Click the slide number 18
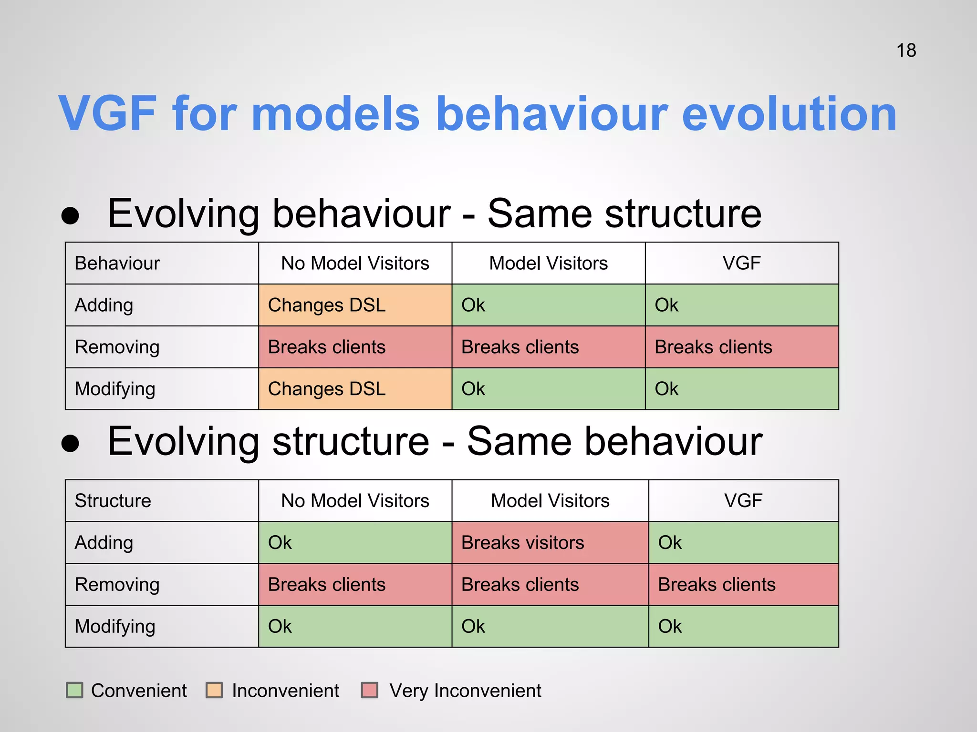[906, 51]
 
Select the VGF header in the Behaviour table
[741, 263]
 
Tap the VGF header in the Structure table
[743, 500]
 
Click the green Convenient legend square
[74, 690]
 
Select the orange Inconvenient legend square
[214, 690]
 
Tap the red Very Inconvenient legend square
[370, 690]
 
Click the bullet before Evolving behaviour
[70, 215]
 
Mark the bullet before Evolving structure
[70, 443]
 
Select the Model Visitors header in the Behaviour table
[548, 263]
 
